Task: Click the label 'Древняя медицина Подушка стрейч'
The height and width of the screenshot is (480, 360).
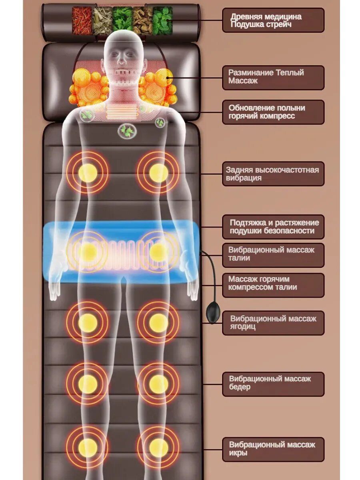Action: (273, 20)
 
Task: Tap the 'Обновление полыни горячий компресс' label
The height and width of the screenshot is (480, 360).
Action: (273, 112)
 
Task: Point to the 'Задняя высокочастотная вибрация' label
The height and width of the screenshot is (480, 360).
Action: (273, 174)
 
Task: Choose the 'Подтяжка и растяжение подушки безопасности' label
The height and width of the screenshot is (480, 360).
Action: (273, 227)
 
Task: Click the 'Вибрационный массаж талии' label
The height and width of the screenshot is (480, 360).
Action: (273, 254)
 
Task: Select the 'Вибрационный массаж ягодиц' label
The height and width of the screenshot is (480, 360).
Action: (273, 323)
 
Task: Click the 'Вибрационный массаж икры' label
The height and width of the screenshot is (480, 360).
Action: (273, 449)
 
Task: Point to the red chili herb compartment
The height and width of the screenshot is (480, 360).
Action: (82, 20)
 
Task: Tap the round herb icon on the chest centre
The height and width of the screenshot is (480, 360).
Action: (127, 130)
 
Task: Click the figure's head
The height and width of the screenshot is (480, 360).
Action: (123, 52)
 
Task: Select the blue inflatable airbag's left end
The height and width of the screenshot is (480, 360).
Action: (52, 252)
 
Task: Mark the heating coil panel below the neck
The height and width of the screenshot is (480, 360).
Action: (123, 111)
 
